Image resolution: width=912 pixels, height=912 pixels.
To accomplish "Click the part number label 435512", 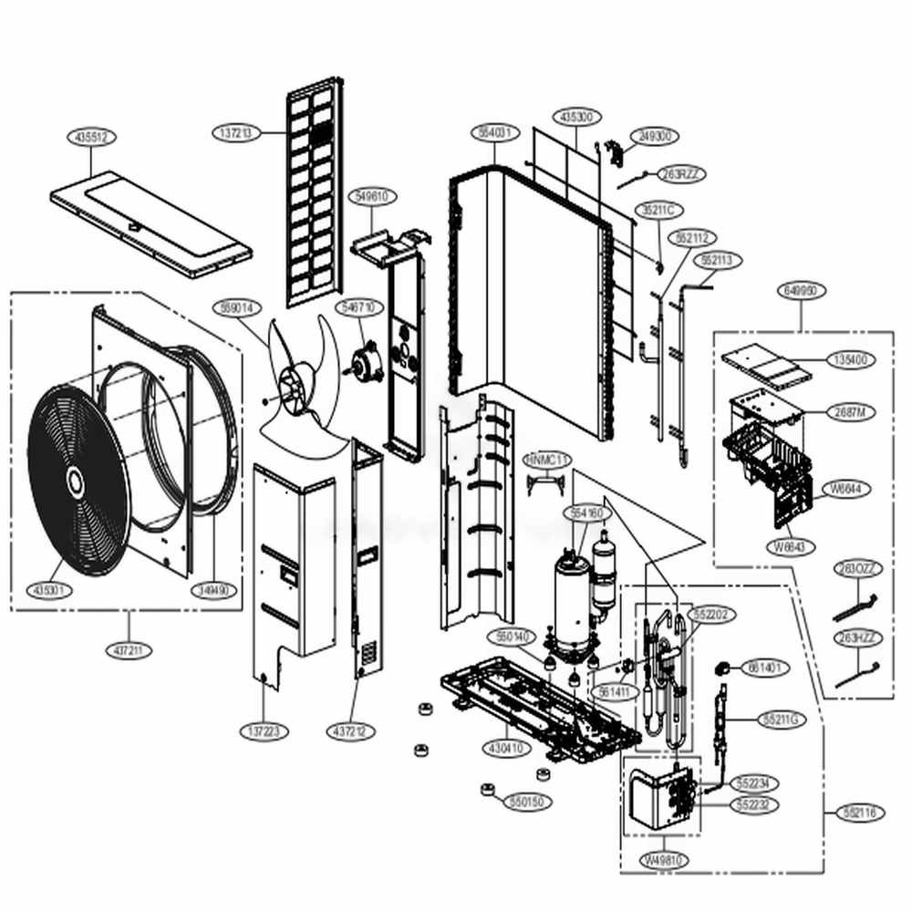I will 91,137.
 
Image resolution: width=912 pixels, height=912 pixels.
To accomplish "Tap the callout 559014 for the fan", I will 234,307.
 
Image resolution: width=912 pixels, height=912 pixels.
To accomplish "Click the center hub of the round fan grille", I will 73,477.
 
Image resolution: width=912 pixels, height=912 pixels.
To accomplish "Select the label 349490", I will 215,590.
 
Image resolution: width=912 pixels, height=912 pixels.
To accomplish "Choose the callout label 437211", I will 128,650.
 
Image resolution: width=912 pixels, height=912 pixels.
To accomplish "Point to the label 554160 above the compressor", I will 586,513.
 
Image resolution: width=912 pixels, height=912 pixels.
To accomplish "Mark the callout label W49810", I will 664,860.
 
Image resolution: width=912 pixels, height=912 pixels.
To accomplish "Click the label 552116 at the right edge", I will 858,813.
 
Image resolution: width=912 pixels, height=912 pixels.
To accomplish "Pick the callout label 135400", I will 850,359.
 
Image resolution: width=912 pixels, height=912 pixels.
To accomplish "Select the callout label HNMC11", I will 546,459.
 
